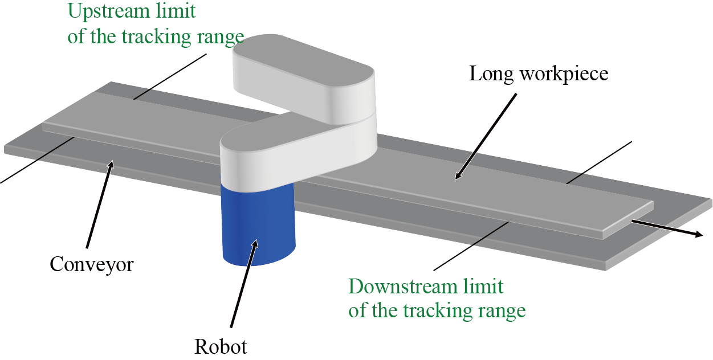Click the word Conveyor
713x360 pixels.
pyautogui.click(x=91, y=264)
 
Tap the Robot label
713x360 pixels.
pyautogui.click(x=221, y=346)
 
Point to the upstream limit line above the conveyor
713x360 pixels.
pyautogui.click(x=171, y=77)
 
